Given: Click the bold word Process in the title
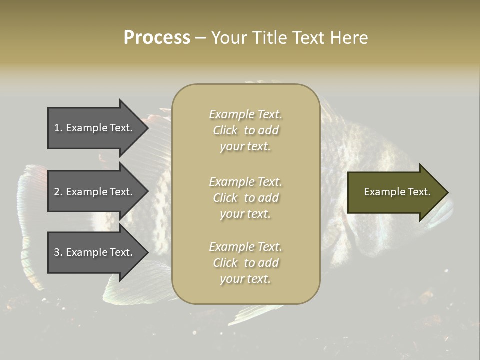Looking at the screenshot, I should click(157, 38).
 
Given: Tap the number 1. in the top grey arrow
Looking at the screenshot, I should click(58, 128).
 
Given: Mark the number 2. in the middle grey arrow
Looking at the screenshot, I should click(58, 192).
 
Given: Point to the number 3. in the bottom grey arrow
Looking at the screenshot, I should click(58, 252).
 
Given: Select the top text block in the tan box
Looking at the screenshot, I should click(245, 130).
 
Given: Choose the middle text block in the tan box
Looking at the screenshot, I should click(245, 198).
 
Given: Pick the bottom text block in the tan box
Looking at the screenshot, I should click(245, 263).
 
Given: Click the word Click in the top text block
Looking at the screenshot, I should click(225, 130).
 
